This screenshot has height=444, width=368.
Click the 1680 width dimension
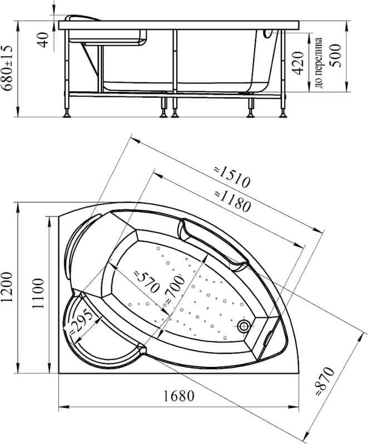pos(179,396)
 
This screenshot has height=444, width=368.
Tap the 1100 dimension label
pos(38,294)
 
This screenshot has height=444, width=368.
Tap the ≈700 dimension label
pos(175,290)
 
